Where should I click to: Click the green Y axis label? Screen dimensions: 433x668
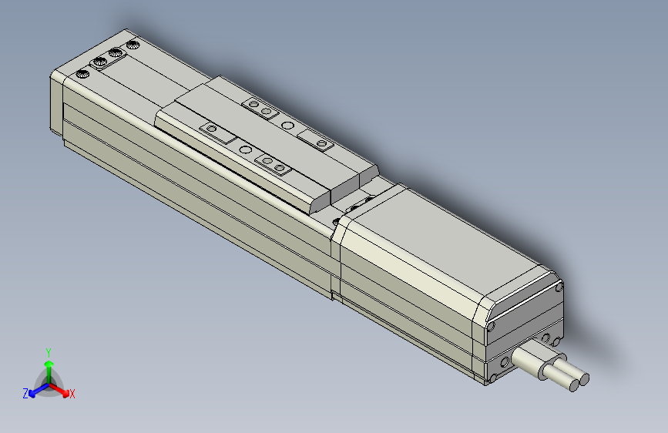49,351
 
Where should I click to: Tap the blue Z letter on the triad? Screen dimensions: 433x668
25,393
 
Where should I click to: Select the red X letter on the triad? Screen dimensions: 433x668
72,394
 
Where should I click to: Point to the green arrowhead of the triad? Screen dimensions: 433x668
49,364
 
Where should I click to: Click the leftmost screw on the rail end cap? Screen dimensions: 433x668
81,74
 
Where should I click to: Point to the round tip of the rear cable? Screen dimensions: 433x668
583,378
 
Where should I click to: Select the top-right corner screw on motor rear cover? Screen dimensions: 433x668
558,288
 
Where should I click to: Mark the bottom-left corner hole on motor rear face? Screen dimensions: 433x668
491,379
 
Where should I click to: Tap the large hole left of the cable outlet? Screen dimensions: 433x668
505,361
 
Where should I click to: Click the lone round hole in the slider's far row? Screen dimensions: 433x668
287,125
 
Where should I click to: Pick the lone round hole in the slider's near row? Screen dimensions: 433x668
245,149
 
